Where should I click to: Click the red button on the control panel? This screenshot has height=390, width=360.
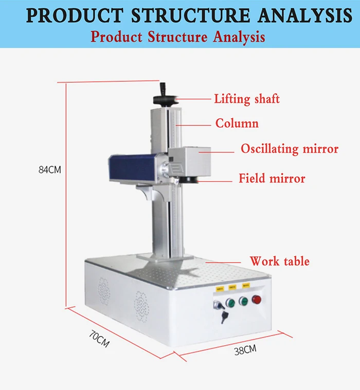256,300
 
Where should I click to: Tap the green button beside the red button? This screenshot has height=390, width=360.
243,301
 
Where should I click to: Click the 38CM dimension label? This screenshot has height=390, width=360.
245,350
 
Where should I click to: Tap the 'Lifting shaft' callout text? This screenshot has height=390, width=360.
247,99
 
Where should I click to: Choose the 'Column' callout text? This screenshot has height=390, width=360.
237,123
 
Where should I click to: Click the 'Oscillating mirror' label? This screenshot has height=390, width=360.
290,149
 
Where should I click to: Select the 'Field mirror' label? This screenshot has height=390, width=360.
272,179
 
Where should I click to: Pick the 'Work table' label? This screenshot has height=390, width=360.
279,261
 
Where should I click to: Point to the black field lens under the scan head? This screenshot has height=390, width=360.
190,180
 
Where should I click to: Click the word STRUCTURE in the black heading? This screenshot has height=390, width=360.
191,16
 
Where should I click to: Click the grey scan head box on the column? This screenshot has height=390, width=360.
189,161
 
